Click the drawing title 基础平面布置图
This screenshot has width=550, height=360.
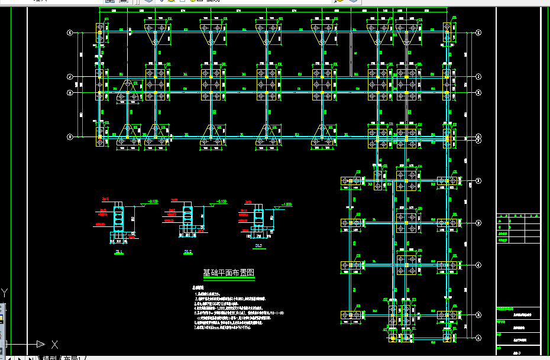[229, 273]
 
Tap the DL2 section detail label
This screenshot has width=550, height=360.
[187, 252]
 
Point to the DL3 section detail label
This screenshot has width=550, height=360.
[258, 245]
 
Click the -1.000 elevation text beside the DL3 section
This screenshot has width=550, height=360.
[287, 205]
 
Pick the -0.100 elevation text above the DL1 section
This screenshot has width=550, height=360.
[153, 202]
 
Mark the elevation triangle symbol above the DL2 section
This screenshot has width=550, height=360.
[212, 205]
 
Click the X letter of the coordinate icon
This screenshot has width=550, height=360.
[54, 344]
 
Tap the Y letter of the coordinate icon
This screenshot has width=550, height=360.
[5, 292]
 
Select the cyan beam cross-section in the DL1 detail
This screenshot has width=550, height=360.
[118, 218]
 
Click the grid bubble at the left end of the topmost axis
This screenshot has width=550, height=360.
[70, 33]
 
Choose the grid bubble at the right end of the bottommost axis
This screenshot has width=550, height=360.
[478, 338]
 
